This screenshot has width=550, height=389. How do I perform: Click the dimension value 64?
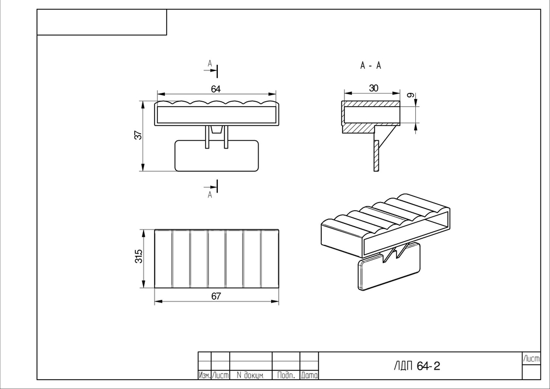216,89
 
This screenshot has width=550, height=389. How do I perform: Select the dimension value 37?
139,135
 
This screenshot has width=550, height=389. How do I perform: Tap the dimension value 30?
373,88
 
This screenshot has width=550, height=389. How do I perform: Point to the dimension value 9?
410,95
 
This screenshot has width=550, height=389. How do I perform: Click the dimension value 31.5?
139,256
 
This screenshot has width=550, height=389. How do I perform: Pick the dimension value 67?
216,297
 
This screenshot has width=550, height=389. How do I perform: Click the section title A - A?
370,65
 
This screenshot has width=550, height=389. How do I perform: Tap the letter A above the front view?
210,63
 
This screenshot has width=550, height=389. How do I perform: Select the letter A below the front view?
210,195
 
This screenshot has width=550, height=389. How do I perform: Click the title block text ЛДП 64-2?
417,366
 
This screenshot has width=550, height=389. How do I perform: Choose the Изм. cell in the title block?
205,375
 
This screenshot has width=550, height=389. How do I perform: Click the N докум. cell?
250,375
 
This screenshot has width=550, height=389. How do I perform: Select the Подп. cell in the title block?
286,375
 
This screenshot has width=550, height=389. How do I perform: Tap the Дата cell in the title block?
309,375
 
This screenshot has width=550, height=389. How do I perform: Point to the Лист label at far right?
531,359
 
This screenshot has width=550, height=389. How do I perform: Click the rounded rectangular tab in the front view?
217,156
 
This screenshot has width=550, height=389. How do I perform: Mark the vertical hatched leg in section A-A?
377,156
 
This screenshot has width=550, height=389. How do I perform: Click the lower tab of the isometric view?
389,267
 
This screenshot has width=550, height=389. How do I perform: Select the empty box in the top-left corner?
102,22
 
